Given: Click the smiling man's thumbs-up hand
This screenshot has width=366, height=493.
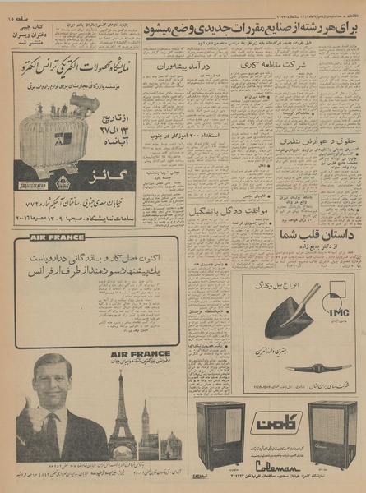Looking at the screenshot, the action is [25, 412].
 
